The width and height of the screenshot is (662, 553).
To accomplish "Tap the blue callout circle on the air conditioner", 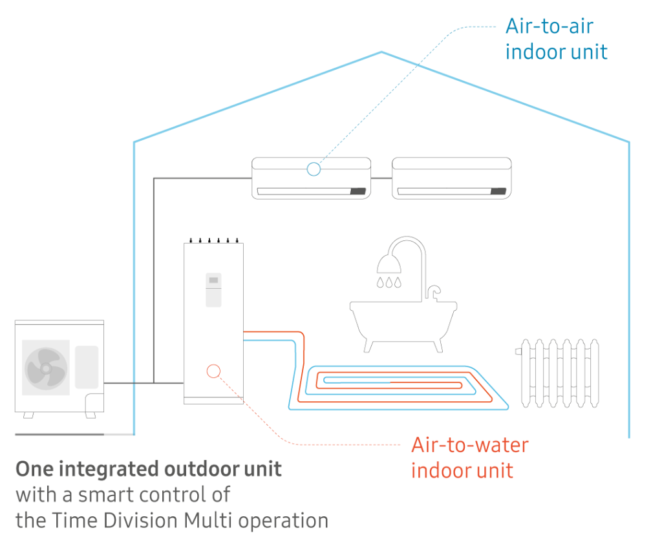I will (x=314, y=169).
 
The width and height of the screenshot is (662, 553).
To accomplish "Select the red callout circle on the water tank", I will (x=213, y=371).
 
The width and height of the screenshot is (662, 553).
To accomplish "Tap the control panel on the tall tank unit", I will (x=213, y=289).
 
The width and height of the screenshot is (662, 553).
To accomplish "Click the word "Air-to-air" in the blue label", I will (x=549, y=26).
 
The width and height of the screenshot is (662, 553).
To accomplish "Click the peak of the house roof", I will (x=382, y=52).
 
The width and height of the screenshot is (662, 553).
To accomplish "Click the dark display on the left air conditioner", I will (x=358, y=191).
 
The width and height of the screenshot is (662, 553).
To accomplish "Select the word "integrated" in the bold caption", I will (x=101, y=469).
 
